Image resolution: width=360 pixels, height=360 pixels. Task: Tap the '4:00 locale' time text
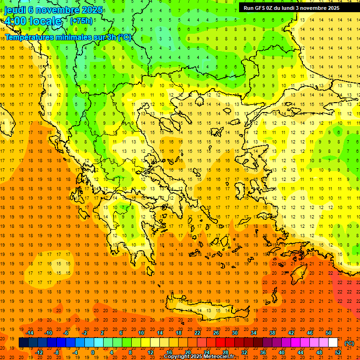pyautogui.click(x=33, y=21)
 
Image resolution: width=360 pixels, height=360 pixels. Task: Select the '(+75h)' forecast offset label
pyautogui.click(x=82, y=21)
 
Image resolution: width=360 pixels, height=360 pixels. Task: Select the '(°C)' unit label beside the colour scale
pyautogui.click(x=349, y=343)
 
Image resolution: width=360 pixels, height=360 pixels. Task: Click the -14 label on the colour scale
pyautogui.click(x=30, y=333)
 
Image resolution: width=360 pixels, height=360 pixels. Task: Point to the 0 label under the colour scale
pyautogui.click(x=93, y=352)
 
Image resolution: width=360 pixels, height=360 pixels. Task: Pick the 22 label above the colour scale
pyautogui.click(x=197, y=333)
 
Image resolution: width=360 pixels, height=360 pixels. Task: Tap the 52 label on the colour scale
pyautogui.click(x=338, y=352)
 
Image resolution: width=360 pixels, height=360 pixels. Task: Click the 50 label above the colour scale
pyautogui.click(x=329, y=333)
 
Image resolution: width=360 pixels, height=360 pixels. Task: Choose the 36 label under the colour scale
pyautogui.click(x=263, y=352)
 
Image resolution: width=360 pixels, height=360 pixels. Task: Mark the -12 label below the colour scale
pyautogui.click(x=39, y=352)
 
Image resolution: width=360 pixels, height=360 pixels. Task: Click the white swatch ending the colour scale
pyautogui.click(x=333, y=343)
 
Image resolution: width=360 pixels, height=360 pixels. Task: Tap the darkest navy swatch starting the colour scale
pyautogui.click(x=23, y=343)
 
